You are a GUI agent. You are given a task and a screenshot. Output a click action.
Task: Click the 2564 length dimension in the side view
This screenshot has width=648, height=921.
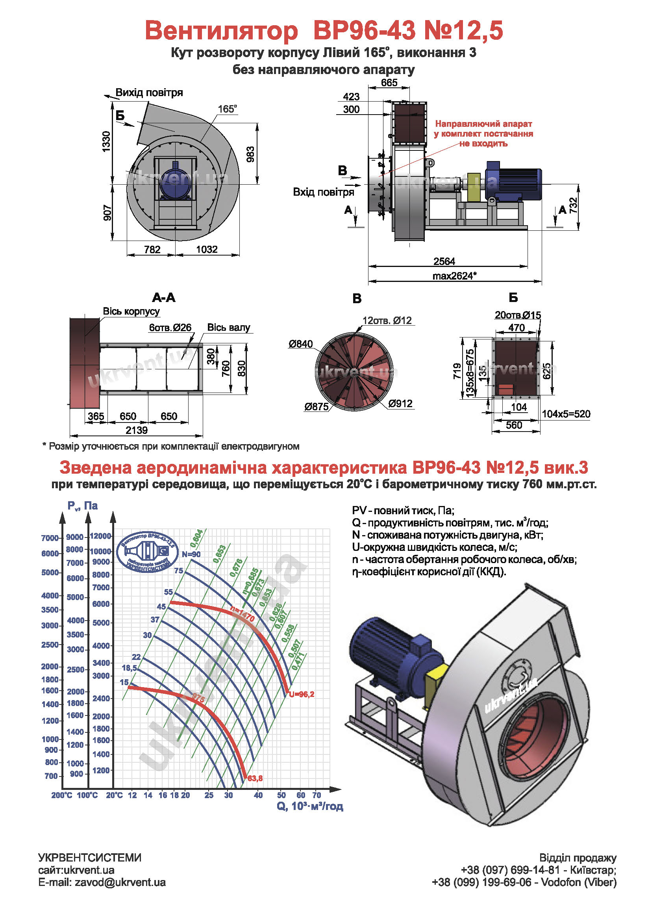click(444, 261)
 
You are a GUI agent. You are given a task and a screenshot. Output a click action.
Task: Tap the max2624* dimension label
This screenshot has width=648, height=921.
click(454, 276)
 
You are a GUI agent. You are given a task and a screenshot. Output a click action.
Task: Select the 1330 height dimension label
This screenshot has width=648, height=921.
click(106, 141)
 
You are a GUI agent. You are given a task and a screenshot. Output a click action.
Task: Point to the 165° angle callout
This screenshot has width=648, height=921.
click(228, 109)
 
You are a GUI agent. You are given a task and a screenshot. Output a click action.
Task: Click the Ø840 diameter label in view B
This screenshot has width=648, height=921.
click(300, 344)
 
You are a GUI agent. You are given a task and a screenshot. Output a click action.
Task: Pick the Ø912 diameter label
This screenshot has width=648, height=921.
click(400, 404)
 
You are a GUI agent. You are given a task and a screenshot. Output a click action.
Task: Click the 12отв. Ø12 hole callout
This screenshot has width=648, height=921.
click(387, 321)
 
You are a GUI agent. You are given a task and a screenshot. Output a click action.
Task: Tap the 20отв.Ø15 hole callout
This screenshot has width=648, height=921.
click(518, 315)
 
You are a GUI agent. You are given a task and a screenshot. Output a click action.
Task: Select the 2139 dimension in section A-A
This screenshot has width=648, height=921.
click(136, 430)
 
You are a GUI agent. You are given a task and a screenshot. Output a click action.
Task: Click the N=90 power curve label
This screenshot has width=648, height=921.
click(191, 554)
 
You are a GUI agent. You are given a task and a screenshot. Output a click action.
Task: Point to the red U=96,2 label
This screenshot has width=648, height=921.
click(302, 694)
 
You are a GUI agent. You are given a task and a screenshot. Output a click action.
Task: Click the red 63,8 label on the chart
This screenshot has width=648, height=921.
click(255, 778)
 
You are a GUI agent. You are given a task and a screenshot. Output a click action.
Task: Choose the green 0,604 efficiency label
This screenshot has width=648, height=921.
click(196, 538)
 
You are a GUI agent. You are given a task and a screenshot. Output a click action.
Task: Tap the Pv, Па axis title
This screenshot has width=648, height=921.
click(83, 506)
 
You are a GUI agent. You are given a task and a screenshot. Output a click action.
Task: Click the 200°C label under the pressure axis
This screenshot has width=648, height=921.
click(62, 795)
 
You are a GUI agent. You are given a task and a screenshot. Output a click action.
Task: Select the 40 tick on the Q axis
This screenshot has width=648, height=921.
click(258, 795)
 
